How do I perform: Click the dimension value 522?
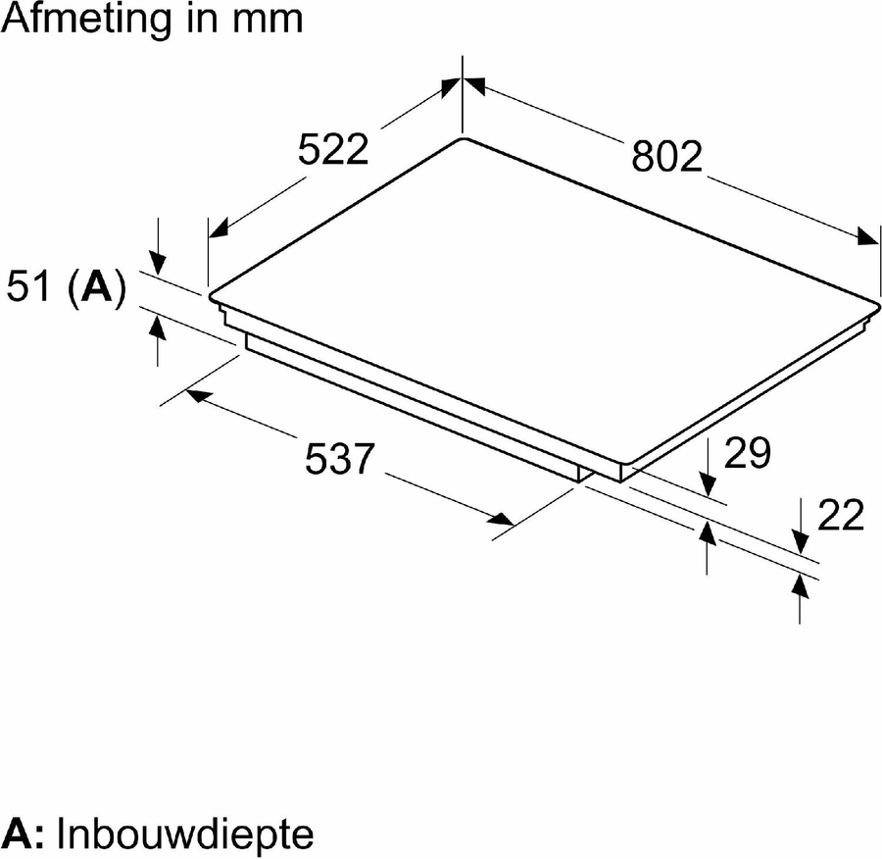333,150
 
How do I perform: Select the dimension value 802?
667,156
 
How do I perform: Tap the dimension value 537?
339,458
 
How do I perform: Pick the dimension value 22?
841,515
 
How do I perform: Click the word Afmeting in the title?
86,20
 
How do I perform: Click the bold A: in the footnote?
22,834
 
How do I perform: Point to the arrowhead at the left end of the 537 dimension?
197,396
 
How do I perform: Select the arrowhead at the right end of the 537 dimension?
500,519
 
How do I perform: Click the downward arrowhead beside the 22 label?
799,542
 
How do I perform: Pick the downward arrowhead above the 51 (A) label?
159,264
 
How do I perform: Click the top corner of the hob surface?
463,138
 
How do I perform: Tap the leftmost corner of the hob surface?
210,296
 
